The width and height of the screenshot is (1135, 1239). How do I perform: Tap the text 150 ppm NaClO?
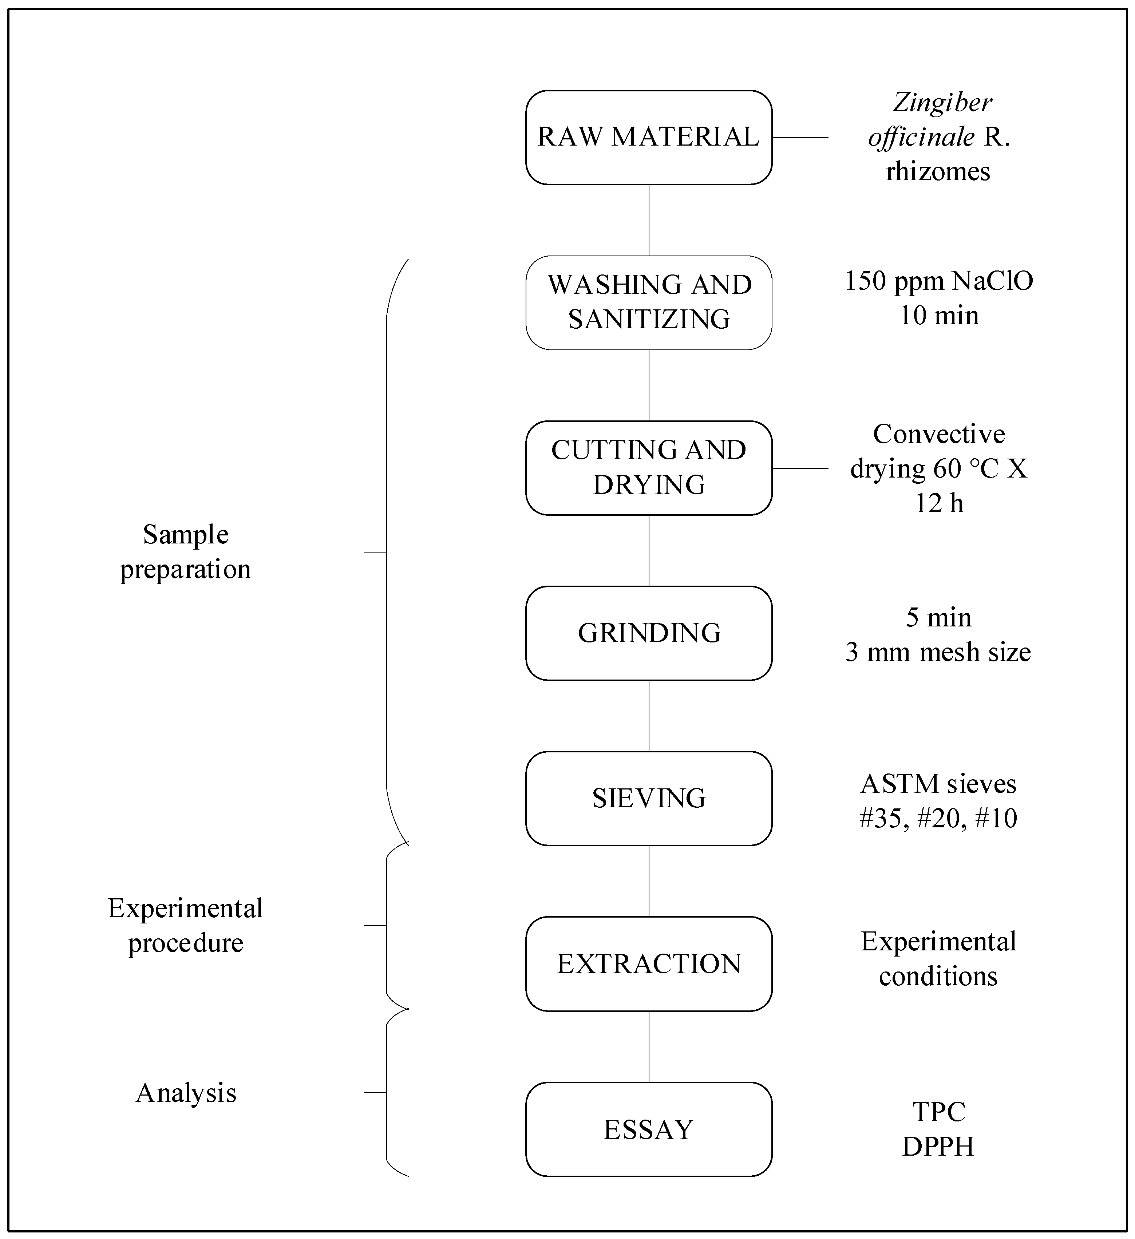point(938,281)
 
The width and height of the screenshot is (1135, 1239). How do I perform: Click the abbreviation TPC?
point(938,1112)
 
